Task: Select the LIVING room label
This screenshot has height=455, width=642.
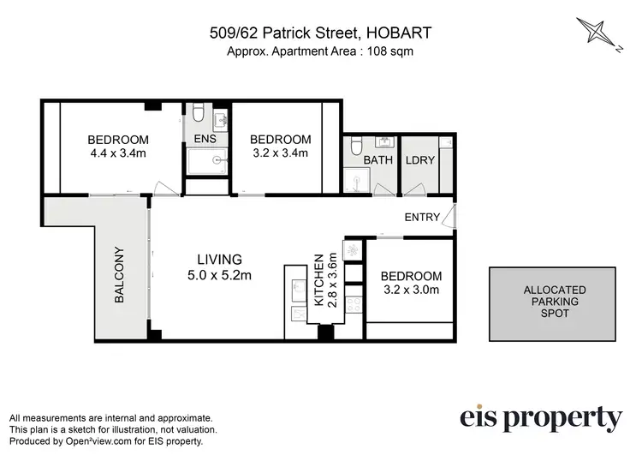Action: tap(220, 258)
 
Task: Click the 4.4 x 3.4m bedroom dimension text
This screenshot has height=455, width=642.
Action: tap(118, 154)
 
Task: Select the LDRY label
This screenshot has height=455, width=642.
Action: tap(418, 160)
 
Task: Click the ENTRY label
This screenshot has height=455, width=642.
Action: tap(422, 218)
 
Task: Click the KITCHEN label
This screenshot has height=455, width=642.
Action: tap(320, 280)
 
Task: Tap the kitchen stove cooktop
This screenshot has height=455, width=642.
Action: tap(351, 250)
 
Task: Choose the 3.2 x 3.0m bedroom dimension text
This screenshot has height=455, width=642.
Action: tap(411, 290)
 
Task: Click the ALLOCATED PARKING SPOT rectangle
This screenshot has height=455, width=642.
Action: tap(554, 302)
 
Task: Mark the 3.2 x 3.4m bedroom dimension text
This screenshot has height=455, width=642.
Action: tap(279, 154)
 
